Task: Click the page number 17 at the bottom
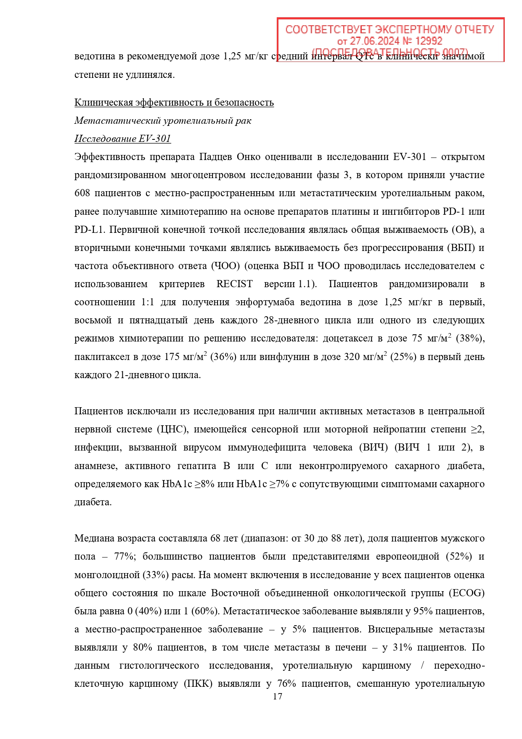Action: point(277,696)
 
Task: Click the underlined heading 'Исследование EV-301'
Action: point(122,139)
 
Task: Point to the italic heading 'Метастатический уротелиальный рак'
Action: point(163,120)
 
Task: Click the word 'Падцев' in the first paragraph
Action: point(215,157)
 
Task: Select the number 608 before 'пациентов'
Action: point(82,193)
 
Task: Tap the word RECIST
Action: point(234,284)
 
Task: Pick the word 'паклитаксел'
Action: point(101,357)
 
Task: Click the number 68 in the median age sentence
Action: point(215,538)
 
